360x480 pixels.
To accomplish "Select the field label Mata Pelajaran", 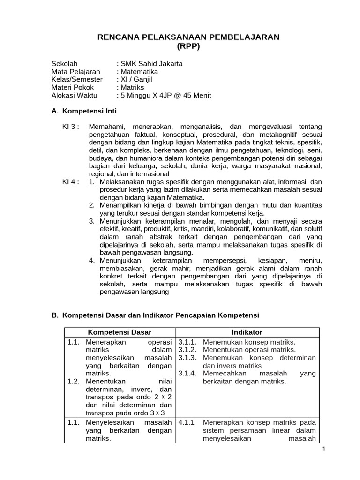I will pos(75,72).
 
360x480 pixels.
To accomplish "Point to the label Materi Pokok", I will pos(73,88).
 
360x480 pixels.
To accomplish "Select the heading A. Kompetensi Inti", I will pos(83,112).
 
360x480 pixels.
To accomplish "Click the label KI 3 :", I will pos(71,127).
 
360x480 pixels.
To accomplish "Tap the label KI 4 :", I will pos(71,182).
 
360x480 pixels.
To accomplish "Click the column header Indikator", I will pos(247,332).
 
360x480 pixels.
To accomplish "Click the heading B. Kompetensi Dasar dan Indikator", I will pos(155,315).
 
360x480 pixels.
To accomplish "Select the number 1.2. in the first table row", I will pos(74,382).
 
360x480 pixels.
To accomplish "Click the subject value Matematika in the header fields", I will pos(139,72).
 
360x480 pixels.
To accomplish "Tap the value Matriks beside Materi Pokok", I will pos(133,88).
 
